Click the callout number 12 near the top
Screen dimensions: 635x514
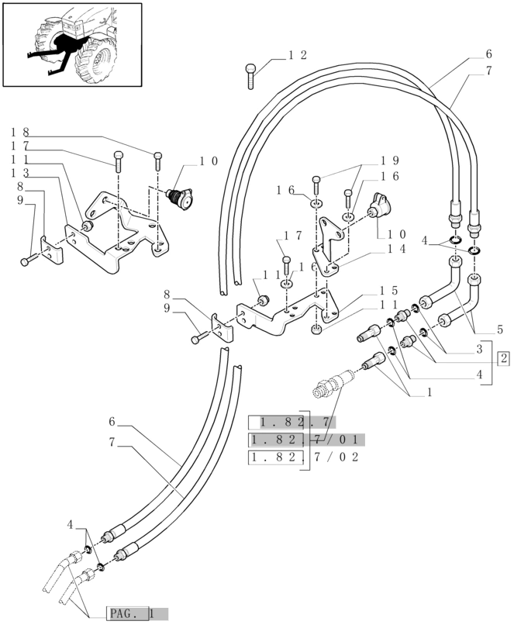click(297, 55)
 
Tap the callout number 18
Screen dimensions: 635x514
click(20, 133)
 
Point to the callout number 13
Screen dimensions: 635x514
click(20, 173)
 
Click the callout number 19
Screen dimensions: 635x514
click(389, 160)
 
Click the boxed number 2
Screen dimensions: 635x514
click(504, 358)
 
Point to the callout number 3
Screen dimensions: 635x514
click(479, 349)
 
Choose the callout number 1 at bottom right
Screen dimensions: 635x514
click(429, 392)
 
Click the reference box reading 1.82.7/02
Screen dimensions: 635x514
click(304, 457)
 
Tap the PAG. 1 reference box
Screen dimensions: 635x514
click(136, 613)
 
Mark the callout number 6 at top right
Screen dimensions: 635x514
click(489, 54)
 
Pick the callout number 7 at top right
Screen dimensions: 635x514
click(489, 71)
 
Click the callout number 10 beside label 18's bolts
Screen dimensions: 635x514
click(208, 161)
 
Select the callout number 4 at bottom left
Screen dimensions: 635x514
click(71, 525)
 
